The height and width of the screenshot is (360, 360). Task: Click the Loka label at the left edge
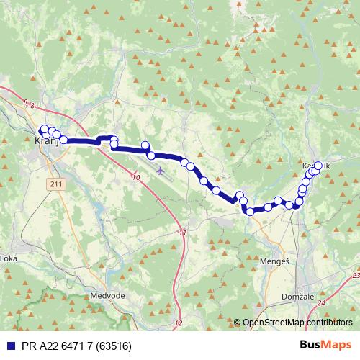[x=8, y=258]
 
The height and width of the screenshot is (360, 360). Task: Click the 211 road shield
[x=58, y=186]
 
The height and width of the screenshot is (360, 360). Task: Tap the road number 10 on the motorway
[x=136, y=176]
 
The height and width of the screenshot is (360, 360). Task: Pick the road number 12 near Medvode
[x=179, y=323]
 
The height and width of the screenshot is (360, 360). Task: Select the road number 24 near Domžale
[x=320, y=303]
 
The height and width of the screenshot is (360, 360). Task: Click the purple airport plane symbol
[x=159, y=171]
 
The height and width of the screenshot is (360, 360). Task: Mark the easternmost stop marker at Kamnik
[x=318, y=166]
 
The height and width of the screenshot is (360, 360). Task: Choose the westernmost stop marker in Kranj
[x=42, y=130]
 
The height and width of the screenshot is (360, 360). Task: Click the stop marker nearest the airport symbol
[x=151, y=156]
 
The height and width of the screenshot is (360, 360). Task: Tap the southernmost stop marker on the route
[x=250, y=211]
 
